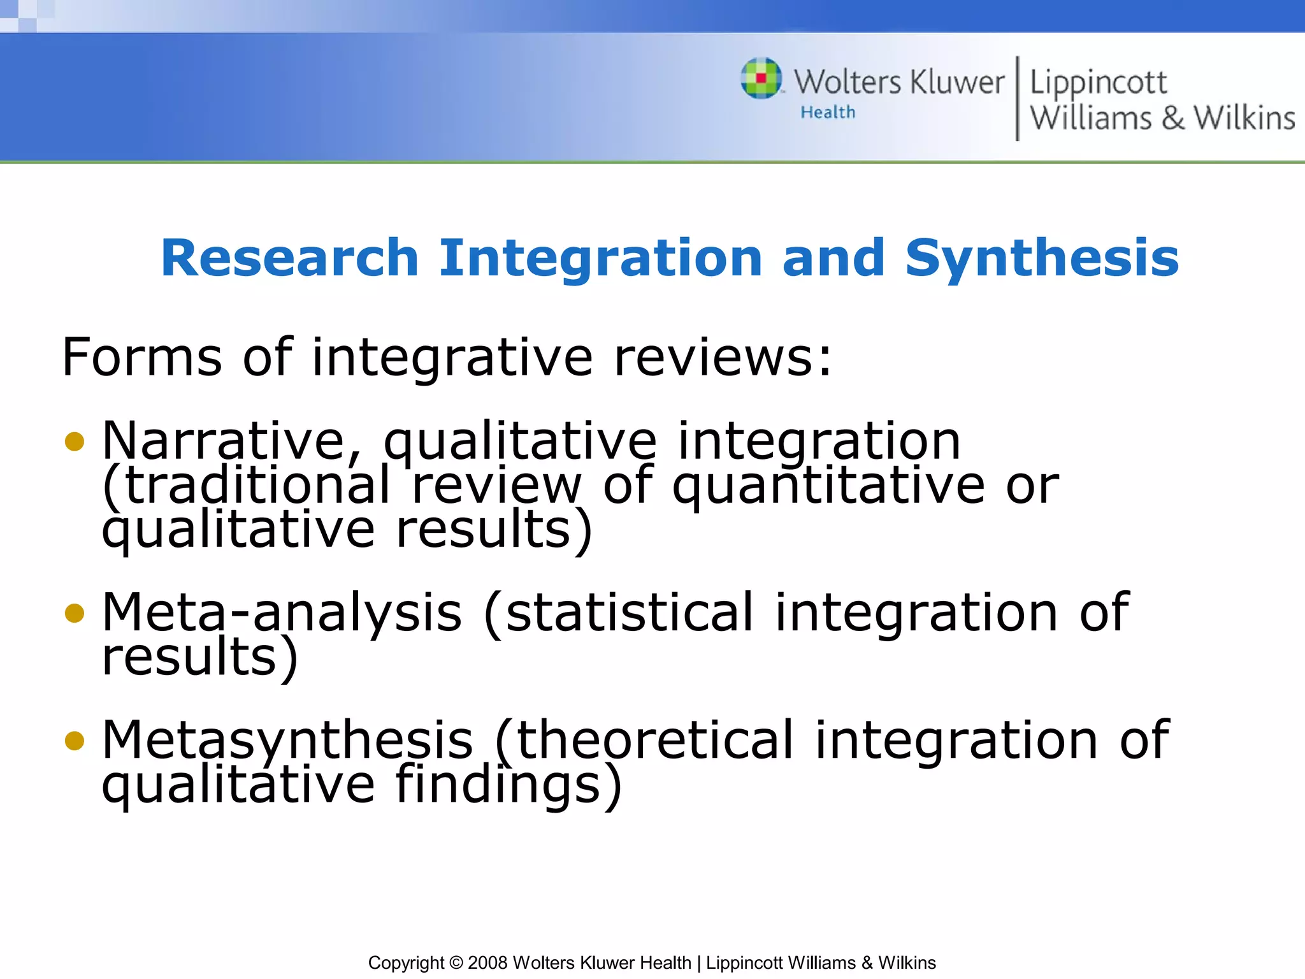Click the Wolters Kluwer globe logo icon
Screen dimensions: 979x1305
761,78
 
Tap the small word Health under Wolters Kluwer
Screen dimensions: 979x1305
828,112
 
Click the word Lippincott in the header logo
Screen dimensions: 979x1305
1098,83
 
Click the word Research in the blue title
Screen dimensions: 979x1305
289,257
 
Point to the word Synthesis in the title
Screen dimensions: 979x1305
1042,259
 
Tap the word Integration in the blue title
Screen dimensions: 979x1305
600,259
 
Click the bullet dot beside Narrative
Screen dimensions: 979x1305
75,441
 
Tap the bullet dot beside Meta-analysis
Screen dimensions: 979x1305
75,613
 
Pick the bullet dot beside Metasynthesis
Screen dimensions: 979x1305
75,740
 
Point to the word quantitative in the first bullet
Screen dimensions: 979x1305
828,486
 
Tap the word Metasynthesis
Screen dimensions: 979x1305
287,740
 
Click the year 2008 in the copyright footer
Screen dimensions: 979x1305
487,962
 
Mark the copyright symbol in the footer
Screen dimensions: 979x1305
456,962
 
